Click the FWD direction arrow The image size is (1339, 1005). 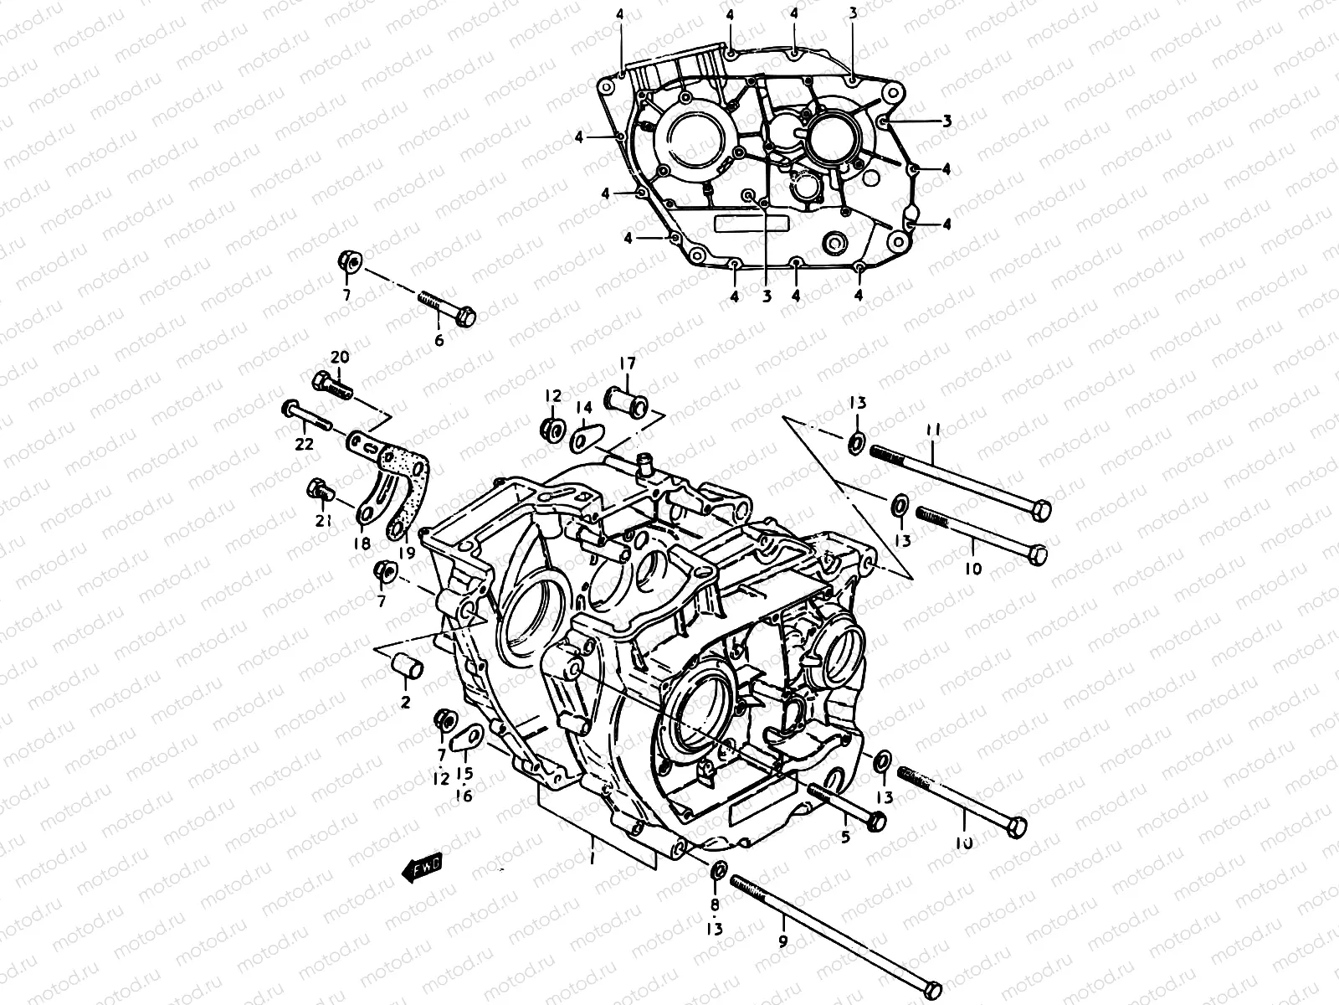coord(424,870)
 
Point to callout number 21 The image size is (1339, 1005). coord(323,520)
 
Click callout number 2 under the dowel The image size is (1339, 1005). coord(405,702)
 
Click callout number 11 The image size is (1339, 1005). coord(933,429)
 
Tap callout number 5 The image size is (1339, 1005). coord(845,835)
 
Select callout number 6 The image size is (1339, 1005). coord(439,340)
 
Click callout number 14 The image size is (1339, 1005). coord(584,407)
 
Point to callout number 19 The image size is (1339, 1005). coord(407,552)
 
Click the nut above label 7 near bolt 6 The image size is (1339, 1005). coord(350,263)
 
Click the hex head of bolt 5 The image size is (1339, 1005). coord(876,821)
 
